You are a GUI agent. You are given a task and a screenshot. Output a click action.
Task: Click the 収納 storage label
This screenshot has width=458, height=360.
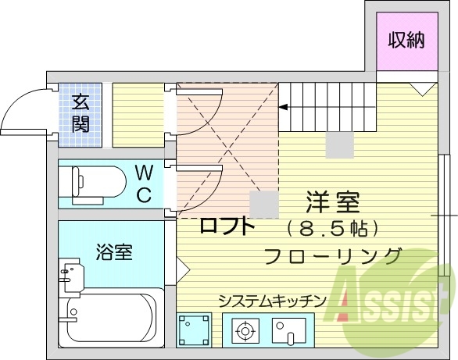click(407, 38)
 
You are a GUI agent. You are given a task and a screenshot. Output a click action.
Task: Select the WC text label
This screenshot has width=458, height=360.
click(144, 184)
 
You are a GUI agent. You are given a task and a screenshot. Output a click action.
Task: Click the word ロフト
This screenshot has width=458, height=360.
click(227, 226)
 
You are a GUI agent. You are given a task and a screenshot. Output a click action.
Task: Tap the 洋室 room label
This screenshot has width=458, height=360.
click(332, 203)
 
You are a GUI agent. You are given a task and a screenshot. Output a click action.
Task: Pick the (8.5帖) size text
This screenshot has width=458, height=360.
click(332, 229)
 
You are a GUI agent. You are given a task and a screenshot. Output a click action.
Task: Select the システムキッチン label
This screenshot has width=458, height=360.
click(271, 300)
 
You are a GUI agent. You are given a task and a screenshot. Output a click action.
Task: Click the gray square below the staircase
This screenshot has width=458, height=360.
click(339, 144)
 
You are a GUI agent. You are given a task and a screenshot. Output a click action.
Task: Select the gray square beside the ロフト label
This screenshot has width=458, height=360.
click(263, 205)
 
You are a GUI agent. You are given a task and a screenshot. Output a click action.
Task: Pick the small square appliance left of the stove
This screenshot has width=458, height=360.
click(194, 330)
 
